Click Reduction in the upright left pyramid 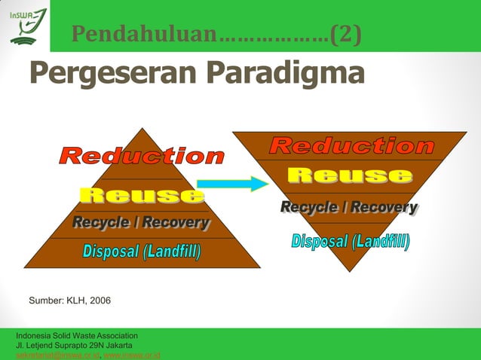(142, 157)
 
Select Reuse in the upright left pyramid (142, 196)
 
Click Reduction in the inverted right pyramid (351, 146)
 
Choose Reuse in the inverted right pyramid (349, 176)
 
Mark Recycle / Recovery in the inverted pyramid (349, 207)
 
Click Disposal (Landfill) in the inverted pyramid (351, 242)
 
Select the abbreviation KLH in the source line (72, 301)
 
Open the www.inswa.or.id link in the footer (131, 355)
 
